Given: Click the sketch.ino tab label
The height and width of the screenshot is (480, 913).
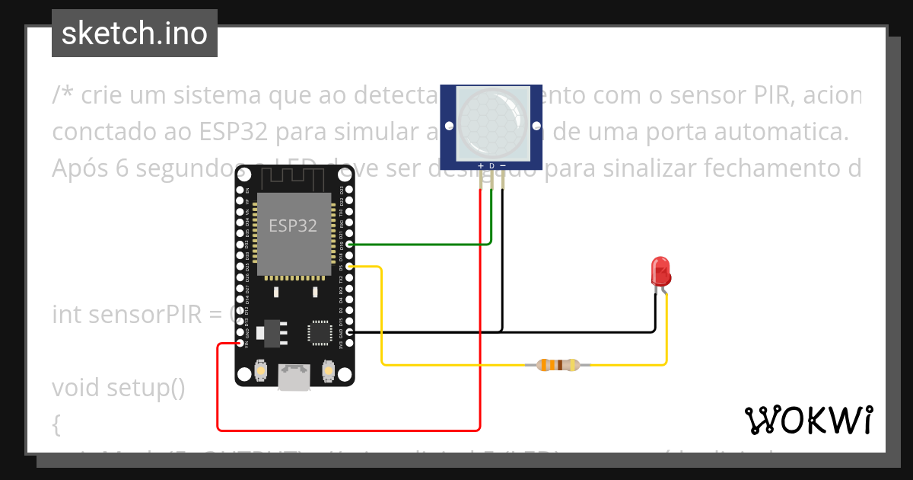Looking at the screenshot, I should click(x=135, y=34).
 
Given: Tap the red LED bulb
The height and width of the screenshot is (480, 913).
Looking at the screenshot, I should click(x=660, y=270).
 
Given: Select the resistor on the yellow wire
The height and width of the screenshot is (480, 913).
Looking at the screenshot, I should click(x=558, y=365).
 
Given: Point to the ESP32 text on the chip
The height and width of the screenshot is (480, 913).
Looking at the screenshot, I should click(x=292, y=226).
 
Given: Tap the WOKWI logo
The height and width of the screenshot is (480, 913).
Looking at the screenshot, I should click(x=808, y=420).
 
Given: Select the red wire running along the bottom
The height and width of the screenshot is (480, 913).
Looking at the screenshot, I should click(x=350, y=430).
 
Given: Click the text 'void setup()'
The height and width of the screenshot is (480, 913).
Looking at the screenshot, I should click(x=119, y=388).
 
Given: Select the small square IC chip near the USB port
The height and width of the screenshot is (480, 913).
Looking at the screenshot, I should click(x=319, y=333).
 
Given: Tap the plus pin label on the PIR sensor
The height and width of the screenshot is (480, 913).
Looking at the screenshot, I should click(x=480, y=165).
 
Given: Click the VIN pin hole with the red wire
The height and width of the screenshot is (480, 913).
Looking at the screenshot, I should click(x=240, y=344).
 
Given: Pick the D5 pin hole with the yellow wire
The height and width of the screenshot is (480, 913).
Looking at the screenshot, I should click(x=349, y=267).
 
